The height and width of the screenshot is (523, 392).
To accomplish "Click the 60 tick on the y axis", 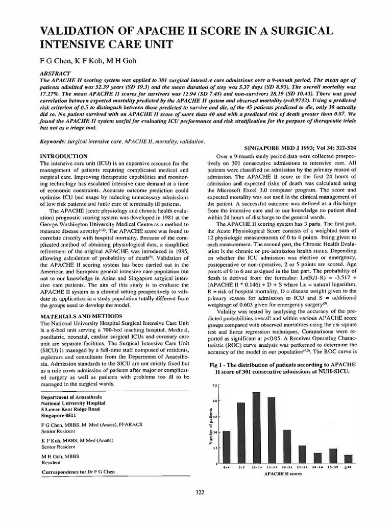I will [x=215, y=401].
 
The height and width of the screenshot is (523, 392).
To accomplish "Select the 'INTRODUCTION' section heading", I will [x=64, y=155].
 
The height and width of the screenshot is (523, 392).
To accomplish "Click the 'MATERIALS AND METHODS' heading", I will [x=81, y=316].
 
